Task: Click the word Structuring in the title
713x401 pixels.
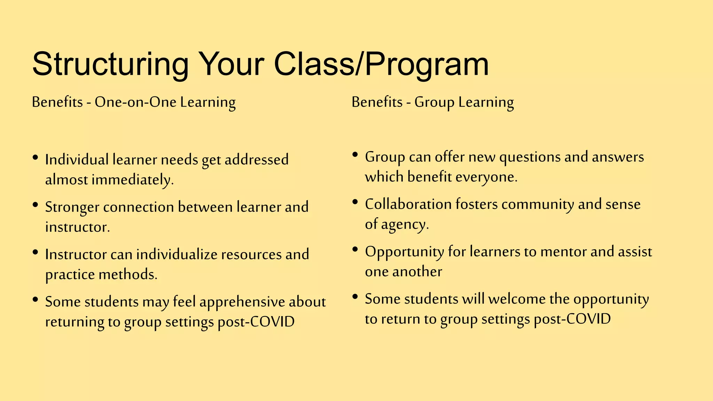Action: (110, 64)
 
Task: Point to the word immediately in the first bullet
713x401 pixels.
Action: (132, 180)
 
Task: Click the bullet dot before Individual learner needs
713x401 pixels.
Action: (35, 158)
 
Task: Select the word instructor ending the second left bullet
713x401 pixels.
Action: (77, 227)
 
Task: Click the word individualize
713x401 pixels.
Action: (177, 254)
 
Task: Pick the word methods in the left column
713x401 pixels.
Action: (128, 275)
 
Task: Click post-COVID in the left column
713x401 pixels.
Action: (256, 322)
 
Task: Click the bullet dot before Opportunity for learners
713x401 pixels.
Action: (355, 250)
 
